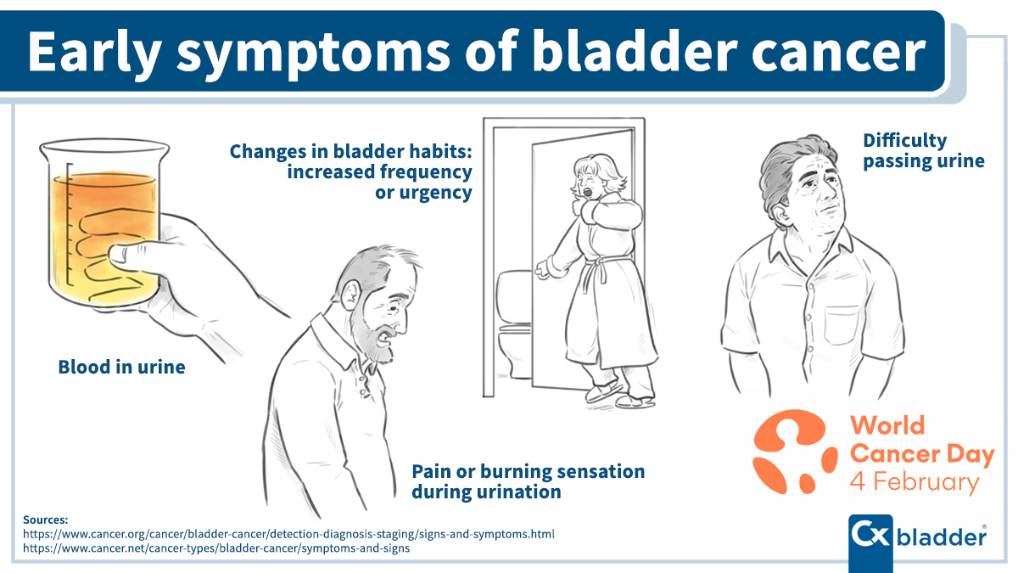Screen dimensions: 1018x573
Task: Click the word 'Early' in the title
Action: [x=94, y=53]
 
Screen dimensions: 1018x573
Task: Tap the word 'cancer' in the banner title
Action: [x=838, y=53]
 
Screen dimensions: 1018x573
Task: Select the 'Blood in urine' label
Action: [x=122, y=367]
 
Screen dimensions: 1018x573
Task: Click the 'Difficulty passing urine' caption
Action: [x=924, y=150]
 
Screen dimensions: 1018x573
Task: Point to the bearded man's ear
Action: [x=350, y=295]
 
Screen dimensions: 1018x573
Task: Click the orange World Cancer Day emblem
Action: [x=794, y=451]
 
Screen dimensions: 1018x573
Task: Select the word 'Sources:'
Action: [x=46, y=520]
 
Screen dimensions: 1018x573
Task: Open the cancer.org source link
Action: [x=288, y=534]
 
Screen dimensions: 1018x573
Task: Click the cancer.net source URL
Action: [x=216, y=548]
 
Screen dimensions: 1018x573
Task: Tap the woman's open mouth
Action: [x=588, y=192]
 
